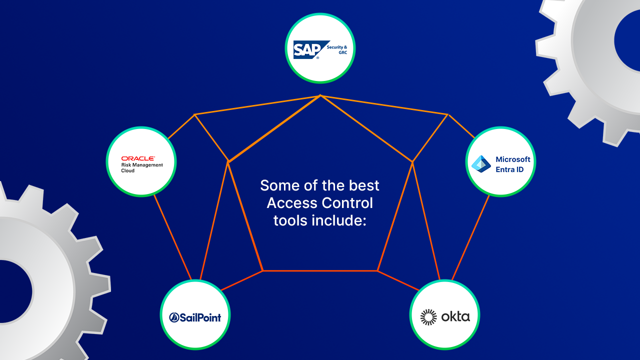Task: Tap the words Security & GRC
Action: click(x=337, y=49)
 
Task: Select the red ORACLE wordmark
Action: click(x=138, y=158)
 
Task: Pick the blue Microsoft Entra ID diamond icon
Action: click(x=481, y=163)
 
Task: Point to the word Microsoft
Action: click(x=513, y=159)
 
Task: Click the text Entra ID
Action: click(x=509, y=169)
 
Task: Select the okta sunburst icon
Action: click(x=428, y=317)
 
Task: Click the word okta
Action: click(x=455, y=317)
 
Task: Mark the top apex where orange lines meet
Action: click(x=320, y=95)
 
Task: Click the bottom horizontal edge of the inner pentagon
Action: click(x=320, y=270)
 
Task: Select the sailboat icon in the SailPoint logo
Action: click(x=174, y=317)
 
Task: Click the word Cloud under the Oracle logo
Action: click(x=128, y=170)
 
